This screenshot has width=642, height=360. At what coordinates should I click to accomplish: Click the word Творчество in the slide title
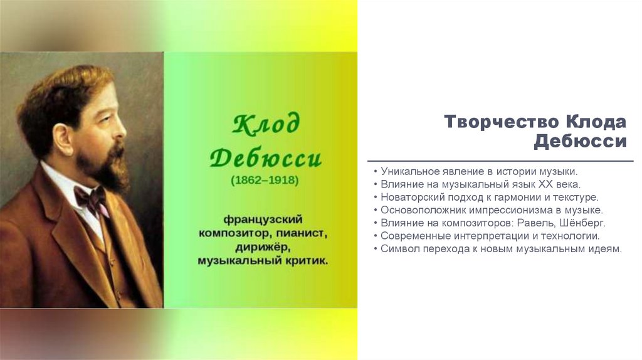(502, 121)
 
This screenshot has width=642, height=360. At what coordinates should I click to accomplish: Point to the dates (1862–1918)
(265, 181)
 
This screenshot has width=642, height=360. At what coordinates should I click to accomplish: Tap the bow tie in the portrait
(90, 199)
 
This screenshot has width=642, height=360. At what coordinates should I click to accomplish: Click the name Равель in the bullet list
(534, 223)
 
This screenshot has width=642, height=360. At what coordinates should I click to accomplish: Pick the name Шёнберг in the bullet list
(582, 223)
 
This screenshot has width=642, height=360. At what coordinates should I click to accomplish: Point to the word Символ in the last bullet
(399, 249)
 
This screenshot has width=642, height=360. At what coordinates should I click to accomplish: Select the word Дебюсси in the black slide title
(580, 141)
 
